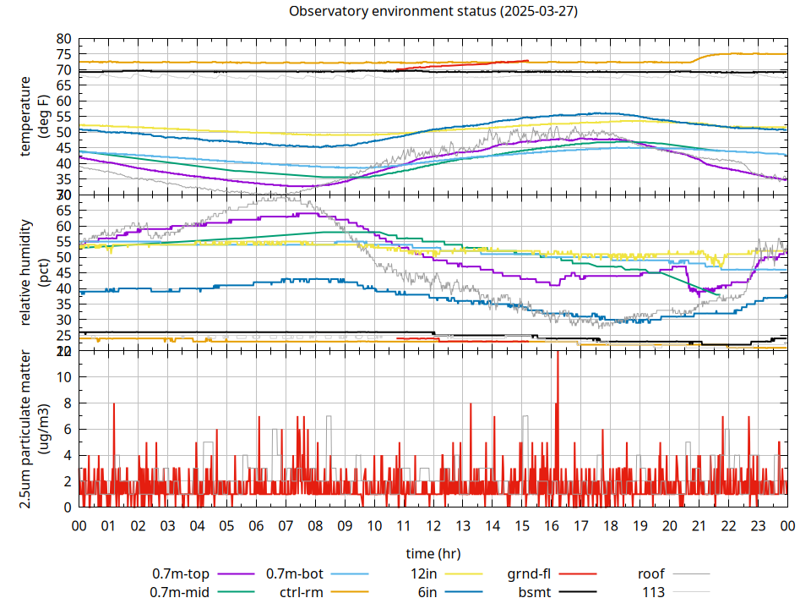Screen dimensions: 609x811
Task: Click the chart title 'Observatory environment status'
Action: tap(397, 12)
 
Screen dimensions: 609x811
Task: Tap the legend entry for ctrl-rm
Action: tap(301, 592)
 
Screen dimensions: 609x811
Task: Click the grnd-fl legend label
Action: tap(530, 573)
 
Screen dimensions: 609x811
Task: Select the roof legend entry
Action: tap(650, 573)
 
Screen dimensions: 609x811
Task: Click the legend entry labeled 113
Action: tap(654, 592)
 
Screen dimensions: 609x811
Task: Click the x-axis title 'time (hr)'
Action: tap(433, 554)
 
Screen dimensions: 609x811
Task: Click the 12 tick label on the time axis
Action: tap(433, 525)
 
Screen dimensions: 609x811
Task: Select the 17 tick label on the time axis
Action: tap(580, 525)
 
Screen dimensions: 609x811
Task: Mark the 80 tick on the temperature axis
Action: tap(63, 39)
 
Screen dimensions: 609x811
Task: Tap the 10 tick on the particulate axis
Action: tap(63, 377)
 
